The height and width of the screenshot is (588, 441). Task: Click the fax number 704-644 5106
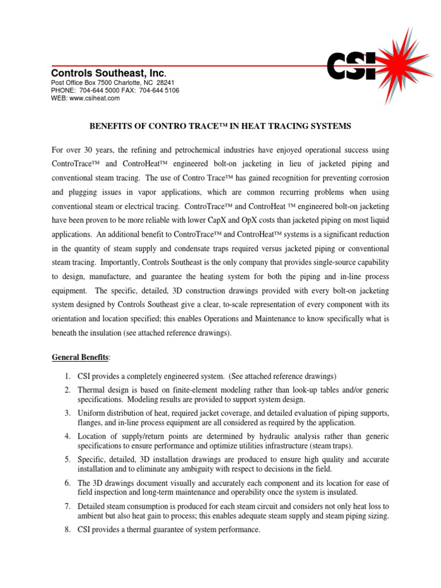click(158, 91)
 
